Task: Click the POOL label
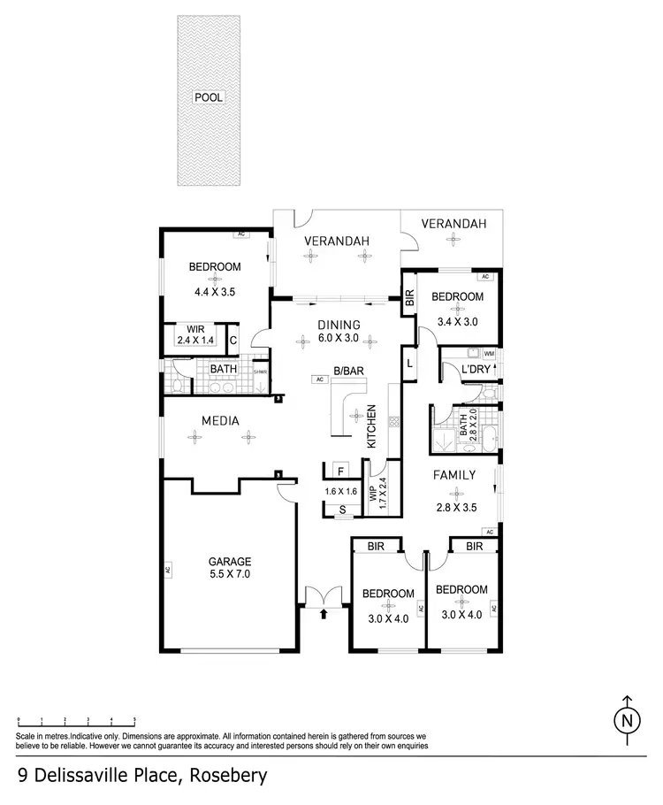click(x=210, y=97)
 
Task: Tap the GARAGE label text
click(x=230, y=561)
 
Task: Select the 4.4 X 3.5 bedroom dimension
click(x=215, y=289)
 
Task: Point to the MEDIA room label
click(x=220, y=421)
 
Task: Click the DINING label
click(x=339, y=324)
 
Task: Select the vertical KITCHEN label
click(x=372, y=426)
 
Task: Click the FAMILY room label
click(x=454, y=475)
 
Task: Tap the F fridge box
click(x=338, y=469)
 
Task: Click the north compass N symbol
click(x=628, y=721)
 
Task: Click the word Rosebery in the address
click(x=225, y=776)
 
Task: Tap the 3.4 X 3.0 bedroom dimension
click(x=457, y=322)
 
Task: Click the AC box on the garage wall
click(x=167, y=570)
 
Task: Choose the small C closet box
click(x=232, y=339)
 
